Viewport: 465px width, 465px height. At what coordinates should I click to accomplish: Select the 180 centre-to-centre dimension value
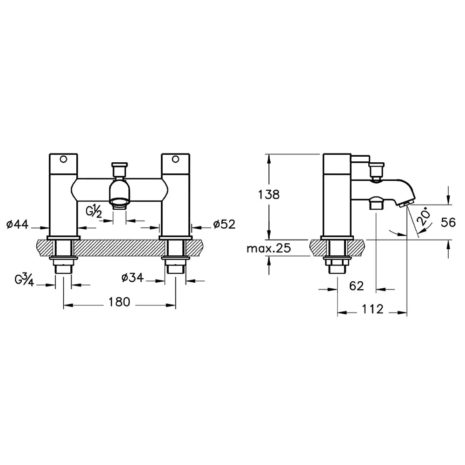120,302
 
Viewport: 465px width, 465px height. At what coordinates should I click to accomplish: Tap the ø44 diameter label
18,225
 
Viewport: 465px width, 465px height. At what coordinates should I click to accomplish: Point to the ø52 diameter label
224,224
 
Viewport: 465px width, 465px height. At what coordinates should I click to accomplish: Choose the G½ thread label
94,211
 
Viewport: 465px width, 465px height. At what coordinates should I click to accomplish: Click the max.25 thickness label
269,248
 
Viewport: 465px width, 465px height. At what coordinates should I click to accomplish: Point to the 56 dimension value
448,222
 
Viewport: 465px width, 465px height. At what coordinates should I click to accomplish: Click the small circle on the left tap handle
64,160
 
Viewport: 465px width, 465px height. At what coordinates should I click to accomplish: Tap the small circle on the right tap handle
175,160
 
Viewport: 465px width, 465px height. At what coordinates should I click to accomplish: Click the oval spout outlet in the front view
120,201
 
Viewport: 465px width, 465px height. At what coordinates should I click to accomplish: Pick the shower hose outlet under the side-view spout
376,203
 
